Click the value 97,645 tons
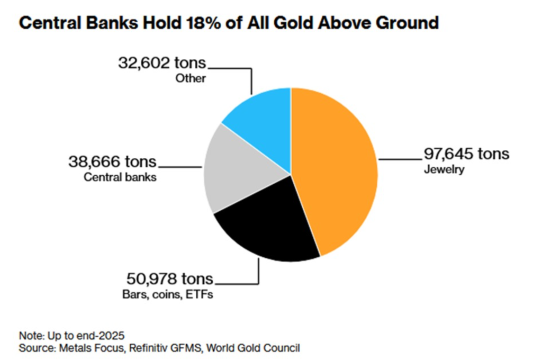click(466, 154)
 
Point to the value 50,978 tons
click(169, 278)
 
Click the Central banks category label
click(120, 177)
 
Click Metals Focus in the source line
click(84, 348)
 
